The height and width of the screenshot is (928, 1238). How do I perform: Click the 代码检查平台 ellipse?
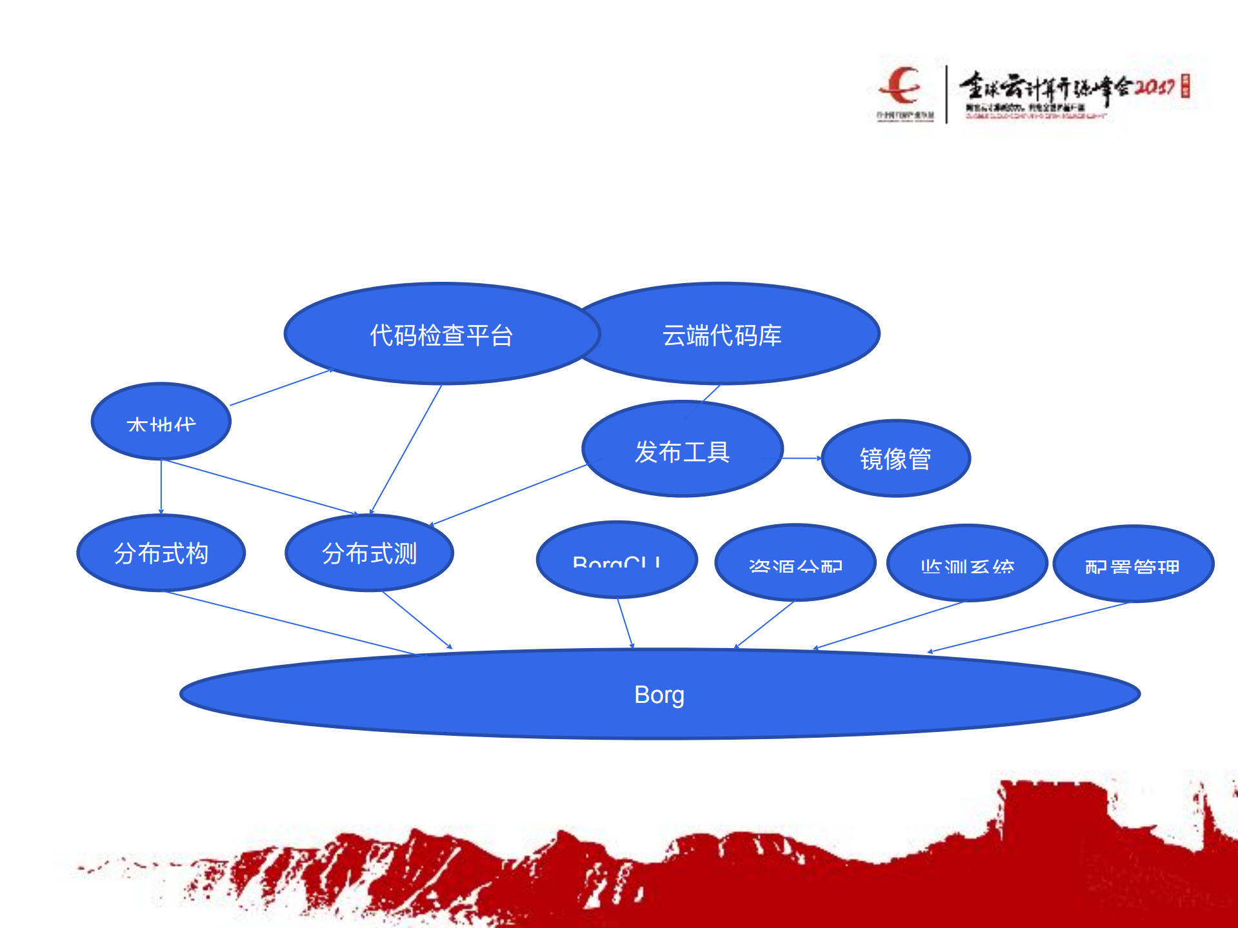tap(442, 334)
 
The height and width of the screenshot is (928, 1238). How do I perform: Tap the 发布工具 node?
tap(682, 450)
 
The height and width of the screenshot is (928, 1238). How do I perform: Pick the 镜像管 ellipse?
tap(895, 459)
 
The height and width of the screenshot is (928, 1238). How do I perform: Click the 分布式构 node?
tap(161, 553)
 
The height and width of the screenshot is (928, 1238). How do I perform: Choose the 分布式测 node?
tap(369, 553)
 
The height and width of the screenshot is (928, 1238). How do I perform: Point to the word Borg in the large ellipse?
tap(659, 695)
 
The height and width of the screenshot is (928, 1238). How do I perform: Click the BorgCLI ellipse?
tap(616, 560)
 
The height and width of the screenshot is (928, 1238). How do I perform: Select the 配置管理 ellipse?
tap(1133, 564)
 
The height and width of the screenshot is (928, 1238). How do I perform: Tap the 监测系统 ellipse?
tap(966, 563)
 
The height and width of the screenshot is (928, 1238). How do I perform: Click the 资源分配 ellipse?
tap(795, 563)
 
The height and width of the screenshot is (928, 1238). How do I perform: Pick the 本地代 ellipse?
tap(161, 421)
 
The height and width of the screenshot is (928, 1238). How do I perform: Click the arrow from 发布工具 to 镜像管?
tap(802, 459)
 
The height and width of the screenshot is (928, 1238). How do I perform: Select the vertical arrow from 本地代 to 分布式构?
tap(161, 487)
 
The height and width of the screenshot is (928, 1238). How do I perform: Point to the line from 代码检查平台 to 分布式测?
tap(406, 448)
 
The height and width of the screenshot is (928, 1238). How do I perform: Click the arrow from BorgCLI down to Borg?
tap(625, 622)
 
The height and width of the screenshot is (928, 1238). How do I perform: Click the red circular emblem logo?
tap(901, 86)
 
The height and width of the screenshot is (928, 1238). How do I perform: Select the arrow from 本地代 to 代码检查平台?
tap(281, 388)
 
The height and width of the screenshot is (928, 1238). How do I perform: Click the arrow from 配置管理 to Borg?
tap(1029, 627)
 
